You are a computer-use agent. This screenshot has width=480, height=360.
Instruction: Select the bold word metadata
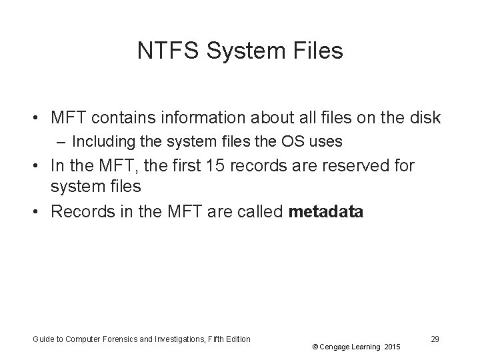(326, 212)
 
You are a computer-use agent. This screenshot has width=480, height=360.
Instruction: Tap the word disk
(422, 118)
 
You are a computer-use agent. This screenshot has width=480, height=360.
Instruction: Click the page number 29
(435, 339)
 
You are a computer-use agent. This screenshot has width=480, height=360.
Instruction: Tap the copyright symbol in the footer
(314, 347)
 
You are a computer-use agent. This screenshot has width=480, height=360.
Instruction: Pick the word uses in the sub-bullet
(327, 141)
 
